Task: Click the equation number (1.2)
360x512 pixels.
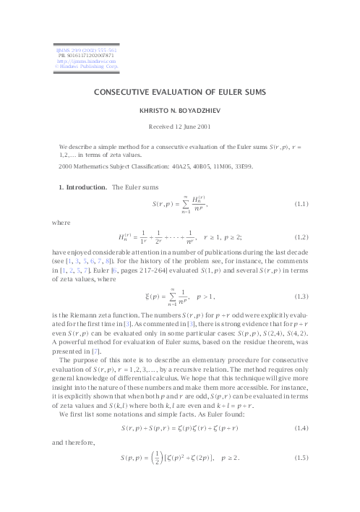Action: (306, 236)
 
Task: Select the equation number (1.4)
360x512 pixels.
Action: (306, 430)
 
